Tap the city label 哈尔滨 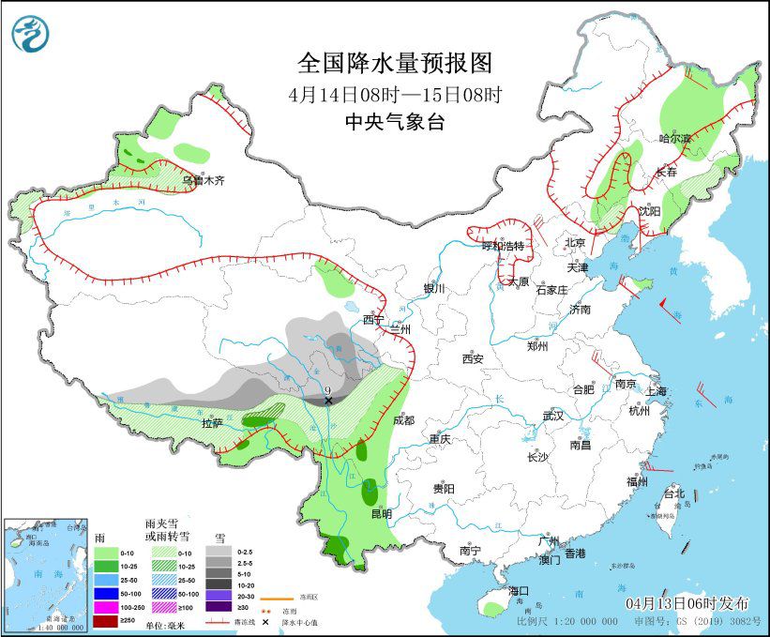(673, 139)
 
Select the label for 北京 (575, 243)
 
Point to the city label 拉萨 (212, 423)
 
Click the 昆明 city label (381, 513)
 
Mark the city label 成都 (404, 421)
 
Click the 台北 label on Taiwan (673, 493)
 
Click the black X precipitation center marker (328, 401)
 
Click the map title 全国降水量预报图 (395, 63)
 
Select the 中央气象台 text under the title (395, 122)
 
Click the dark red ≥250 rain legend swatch (105, 622)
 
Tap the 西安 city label (472, 359)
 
